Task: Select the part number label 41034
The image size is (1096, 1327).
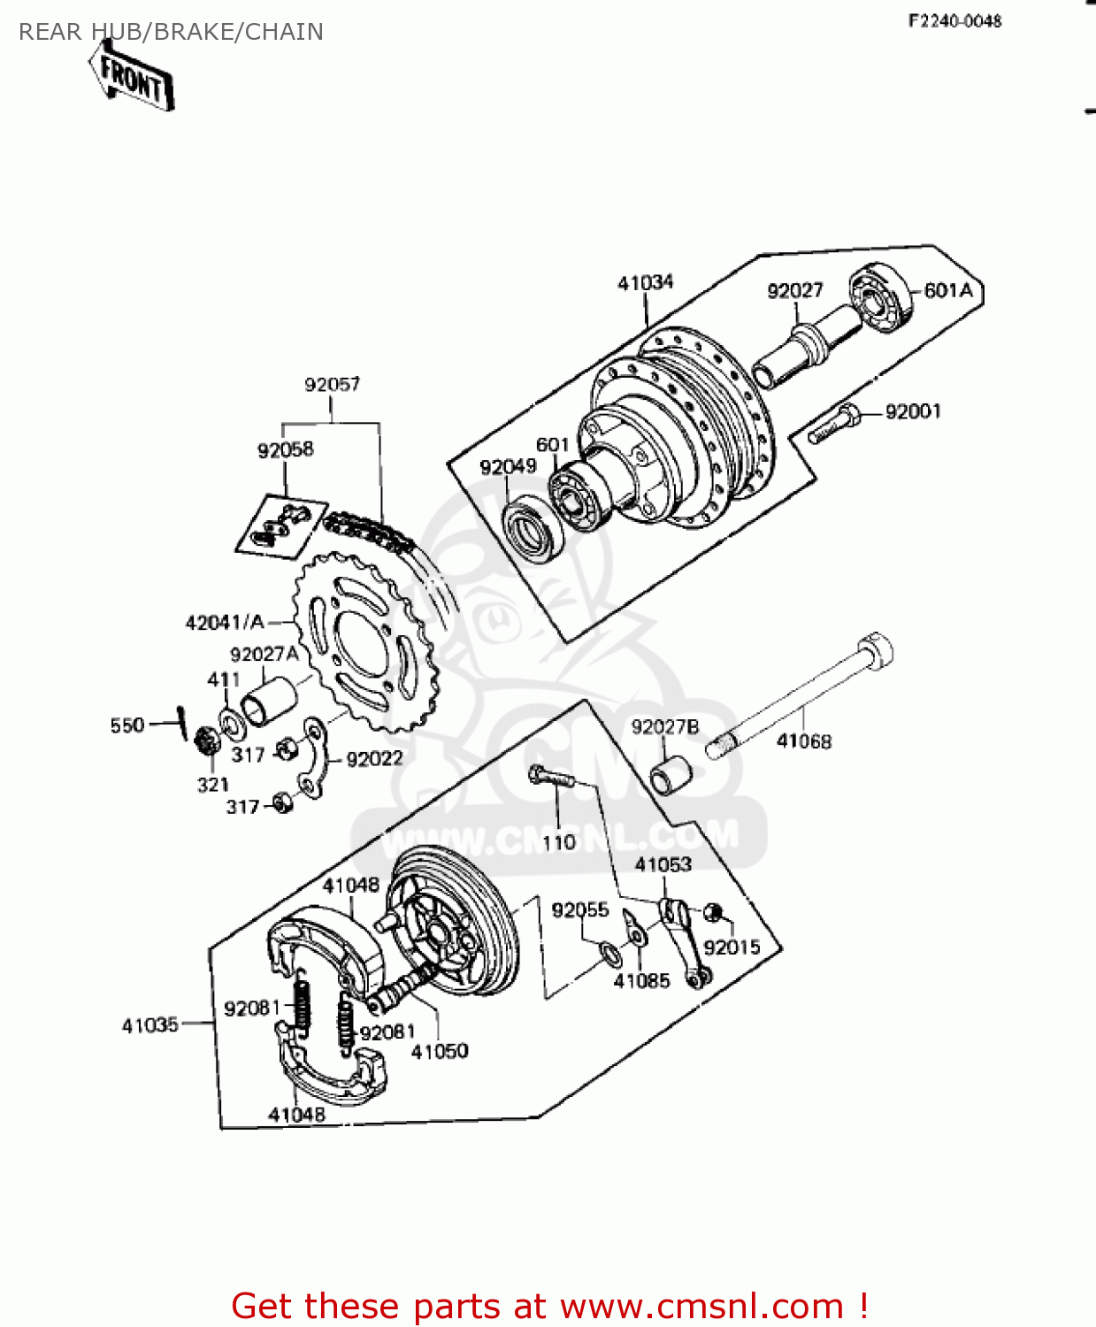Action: (645, 283)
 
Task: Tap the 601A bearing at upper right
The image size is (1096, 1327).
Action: (881, 298)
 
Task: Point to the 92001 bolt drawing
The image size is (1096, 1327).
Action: (833, 425)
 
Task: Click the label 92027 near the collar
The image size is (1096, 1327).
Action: (794, 291)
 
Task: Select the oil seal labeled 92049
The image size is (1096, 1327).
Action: (533, 530)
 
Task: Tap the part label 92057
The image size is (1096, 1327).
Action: (332, 385)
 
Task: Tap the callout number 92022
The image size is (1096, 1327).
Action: (374, 759)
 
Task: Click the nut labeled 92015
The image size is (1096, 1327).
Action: (715, 913)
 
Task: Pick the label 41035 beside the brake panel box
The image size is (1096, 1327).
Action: (150, 1025)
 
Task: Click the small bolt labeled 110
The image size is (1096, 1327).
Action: (550, 778)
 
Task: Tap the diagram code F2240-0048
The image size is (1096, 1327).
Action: (954, 20)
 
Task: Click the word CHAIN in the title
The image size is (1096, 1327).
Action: (284, 32)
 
